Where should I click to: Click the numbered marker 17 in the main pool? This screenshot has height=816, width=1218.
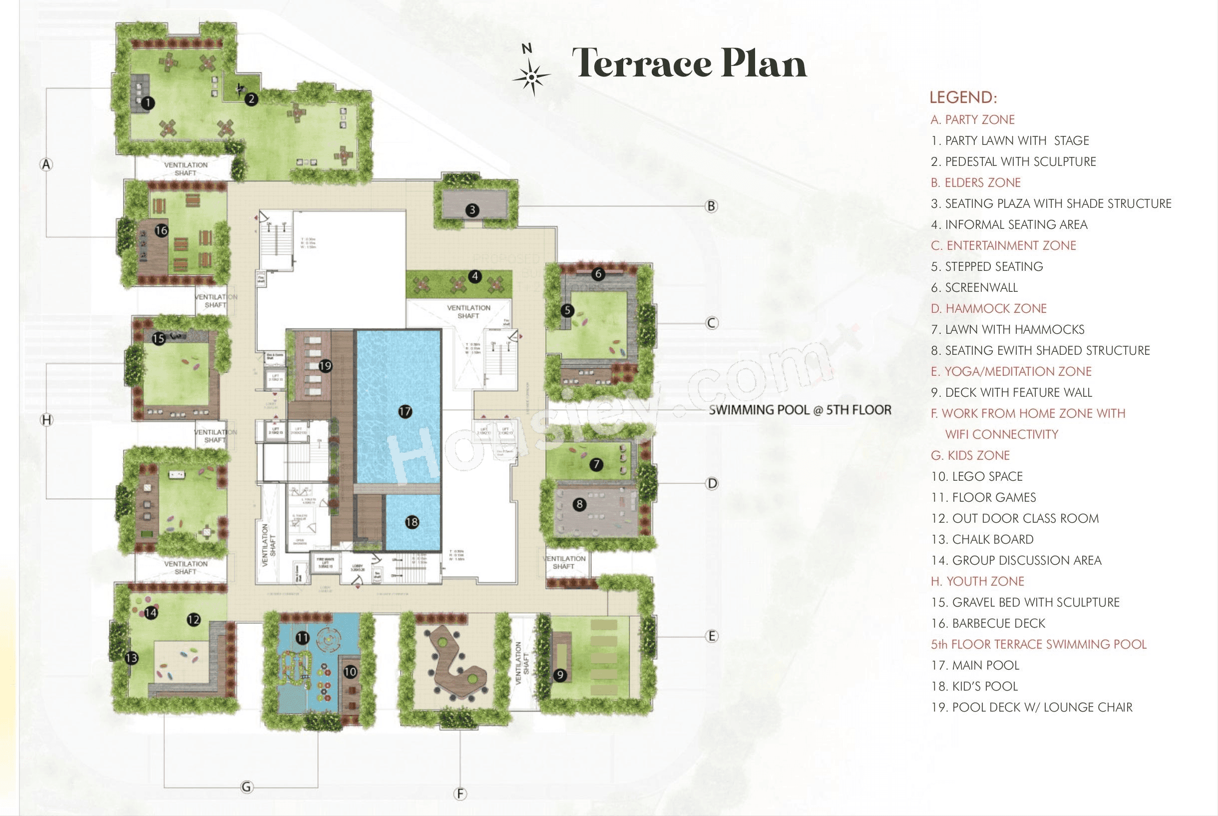click(x=405, y=412)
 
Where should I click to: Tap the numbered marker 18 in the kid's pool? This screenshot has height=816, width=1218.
click(x=412, y=522)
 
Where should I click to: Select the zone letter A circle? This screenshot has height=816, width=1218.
click(x=47, y=164)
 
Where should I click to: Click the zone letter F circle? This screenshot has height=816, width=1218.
click(x=460, y=794)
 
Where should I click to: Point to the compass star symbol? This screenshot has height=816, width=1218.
click(x=531, y=77)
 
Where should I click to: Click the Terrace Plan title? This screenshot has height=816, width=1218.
click(x=689, y=63)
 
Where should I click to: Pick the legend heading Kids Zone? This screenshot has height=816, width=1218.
click(x=970, y=455)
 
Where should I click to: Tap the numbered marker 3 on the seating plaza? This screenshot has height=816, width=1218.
click(x=472, y=210)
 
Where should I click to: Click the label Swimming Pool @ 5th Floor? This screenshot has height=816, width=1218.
click(x=800, y=410)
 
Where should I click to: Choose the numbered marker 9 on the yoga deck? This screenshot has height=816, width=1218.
click(x=560, y=675)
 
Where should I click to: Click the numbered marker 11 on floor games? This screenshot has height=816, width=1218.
click(x=302, y=638)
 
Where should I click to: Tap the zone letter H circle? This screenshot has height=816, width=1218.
click(x=47, y=419)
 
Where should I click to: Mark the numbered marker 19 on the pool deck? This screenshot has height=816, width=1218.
click(x=326, y=365)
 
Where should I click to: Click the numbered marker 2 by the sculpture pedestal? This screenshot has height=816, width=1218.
click(x=252, y=99)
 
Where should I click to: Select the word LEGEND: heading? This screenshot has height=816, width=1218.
click(x=963, y=97)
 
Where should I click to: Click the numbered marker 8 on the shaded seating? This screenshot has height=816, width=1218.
click(x=579, y=504)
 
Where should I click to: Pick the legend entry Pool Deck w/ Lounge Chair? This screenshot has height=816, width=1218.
click(x=1032, y=707)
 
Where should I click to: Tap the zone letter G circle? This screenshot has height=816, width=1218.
click(x=247, y=787)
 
